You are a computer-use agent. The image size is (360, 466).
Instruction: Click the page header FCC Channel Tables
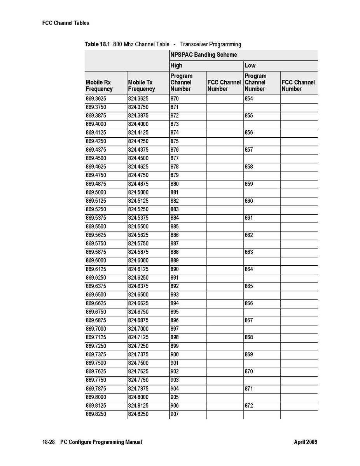click(66, 23)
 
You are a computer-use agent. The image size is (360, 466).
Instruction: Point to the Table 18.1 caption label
click(97, 44)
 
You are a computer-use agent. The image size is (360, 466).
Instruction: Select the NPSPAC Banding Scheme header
click(203, 55)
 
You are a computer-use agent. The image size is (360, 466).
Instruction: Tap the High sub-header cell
click(176, 65)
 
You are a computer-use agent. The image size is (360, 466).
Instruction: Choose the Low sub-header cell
click(250, 65)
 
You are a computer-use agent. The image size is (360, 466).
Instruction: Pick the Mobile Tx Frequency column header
click(141, 86)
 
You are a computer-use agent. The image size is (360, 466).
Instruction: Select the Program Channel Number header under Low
click(255, 82)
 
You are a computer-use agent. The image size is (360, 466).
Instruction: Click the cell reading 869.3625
click(96, 99)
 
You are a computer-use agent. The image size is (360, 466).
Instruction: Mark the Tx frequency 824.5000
click(138, 193)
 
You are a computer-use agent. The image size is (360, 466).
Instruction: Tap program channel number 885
click(175, 227)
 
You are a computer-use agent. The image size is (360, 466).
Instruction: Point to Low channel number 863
click(249, 252)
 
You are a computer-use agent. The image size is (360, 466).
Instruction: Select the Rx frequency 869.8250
click(96, 414)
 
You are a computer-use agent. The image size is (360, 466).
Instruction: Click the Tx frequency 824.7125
click(138, 338)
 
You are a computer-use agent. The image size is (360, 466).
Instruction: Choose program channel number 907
click(175, 414)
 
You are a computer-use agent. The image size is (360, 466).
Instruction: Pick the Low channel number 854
click(249, 99)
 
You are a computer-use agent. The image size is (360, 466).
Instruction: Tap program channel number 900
click(175, 355)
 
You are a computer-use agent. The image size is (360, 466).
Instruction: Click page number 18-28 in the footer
click(49, 442)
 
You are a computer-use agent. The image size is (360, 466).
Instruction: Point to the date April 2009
click(306, 442)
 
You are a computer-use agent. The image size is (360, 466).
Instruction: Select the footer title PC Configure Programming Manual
click(101, 442)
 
